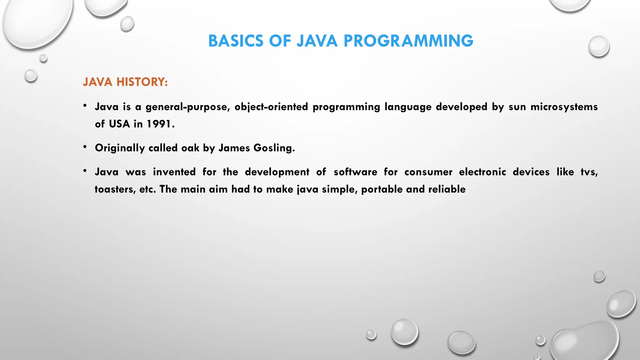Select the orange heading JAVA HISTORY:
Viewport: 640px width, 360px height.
tap(125, 82)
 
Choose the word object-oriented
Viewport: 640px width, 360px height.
tap(271, 107)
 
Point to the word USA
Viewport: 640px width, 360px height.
tap(119, 124)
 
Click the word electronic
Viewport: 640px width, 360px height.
tap(482, 172)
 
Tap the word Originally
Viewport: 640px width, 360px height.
tap(120, 148)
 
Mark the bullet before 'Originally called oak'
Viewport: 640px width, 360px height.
tap(85, 146)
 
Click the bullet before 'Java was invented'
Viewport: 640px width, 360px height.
tap(85, 171)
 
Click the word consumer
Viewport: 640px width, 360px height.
tap(428, 172)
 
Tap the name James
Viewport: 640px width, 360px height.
tap(234, 148)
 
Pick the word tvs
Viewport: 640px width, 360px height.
tap(589, 172)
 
